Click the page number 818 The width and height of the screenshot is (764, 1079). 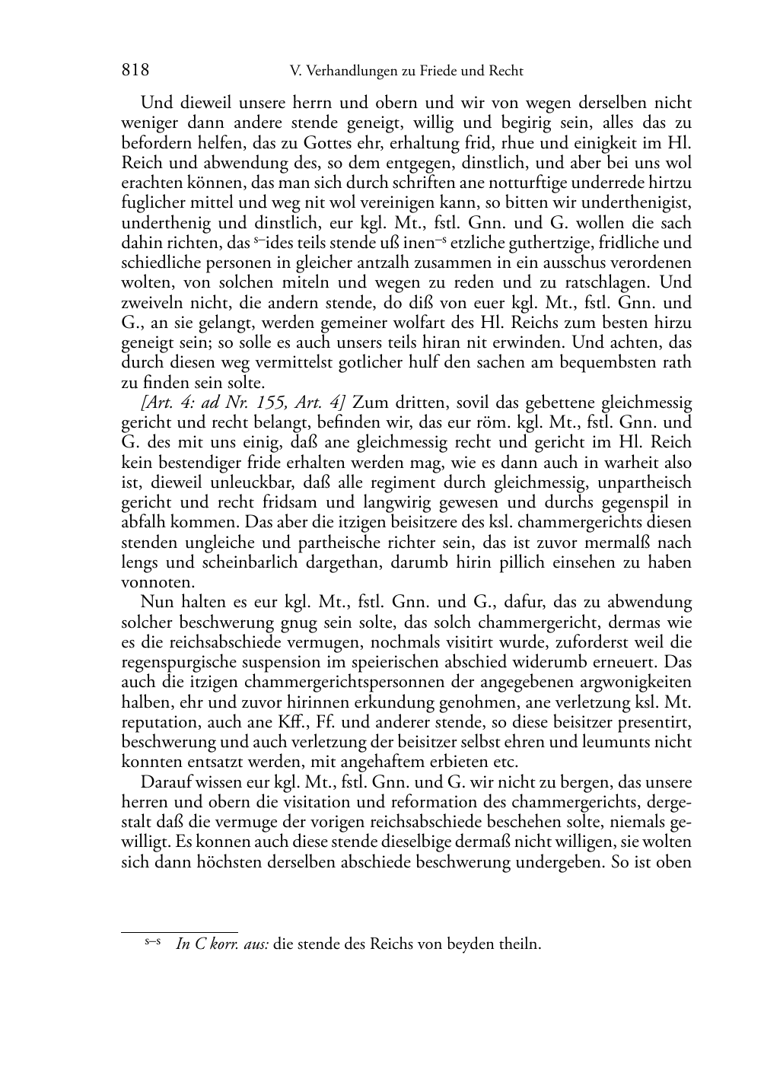click(135, 71)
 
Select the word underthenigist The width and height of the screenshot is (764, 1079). click(644, 203)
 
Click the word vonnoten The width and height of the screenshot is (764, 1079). click(148, 582)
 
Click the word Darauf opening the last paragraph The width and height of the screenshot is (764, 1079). click(165, 782)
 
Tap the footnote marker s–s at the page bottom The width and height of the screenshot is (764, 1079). click(151, 942)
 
